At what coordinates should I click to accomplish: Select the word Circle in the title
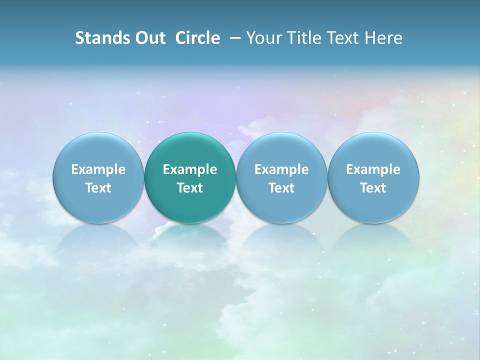tap(197, 38)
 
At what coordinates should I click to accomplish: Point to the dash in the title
tap(234, 37)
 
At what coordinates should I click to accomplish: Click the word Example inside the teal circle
tap(190, 169)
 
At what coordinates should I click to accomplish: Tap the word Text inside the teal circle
tap(190, 188)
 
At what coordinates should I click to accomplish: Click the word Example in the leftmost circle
tap(98, 169)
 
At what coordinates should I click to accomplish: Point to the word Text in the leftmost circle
tap(98, 188)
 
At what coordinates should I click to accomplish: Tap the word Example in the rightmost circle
tap(373, 169)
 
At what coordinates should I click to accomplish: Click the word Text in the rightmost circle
tap(373, 188)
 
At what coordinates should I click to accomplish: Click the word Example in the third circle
tap(281, 169)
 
